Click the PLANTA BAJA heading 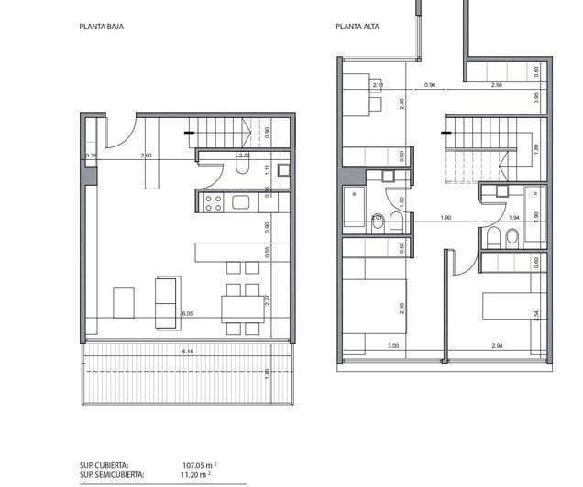click(x=102, y=27)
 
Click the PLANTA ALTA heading click(x=357, y=27)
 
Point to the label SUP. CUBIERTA click(x=104, y=464)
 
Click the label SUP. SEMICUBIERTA click(x=112, y=474)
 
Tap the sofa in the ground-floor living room click(x=167, y=302)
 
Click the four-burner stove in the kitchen click(x=213, y=202)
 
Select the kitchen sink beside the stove click(x=242, y=202)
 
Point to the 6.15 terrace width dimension click(x=188, y=352)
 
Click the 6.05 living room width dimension click(x=188, y=314)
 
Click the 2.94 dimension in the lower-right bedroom click(x=498, y=346)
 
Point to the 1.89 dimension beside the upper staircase click(x=536, y=146)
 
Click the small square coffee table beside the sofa click(x=123, y=300)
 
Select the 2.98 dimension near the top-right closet click(x=496, y=85)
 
